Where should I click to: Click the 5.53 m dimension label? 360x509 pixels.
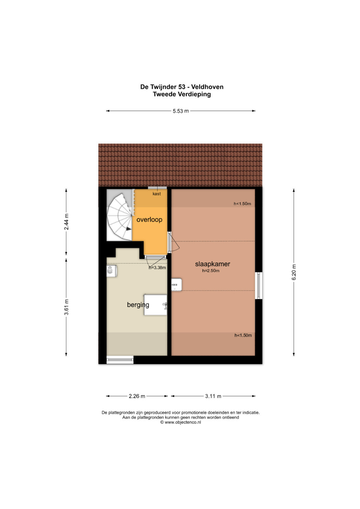click(x=181, y=111)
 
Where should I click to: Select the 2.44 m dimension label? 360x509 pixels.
click(x=66, y=222)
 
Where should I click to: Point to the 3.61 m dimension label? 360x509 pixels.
click(x=66, y=307)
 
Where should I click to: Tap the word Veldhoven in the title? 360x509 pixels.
click(x=207, y=87)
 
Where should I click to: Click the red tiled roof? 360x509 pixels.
click(x=180, y=165)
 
